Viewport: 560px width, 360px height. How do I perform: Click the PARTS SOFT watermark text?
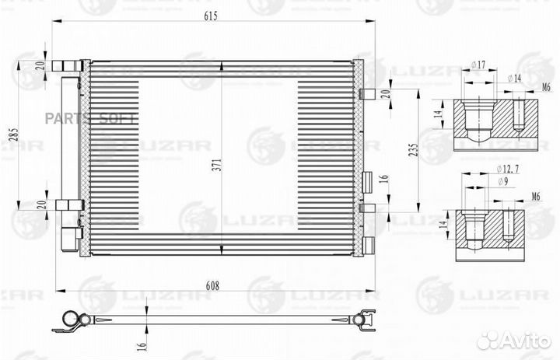pyautogui.click(x=103, y=118)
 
